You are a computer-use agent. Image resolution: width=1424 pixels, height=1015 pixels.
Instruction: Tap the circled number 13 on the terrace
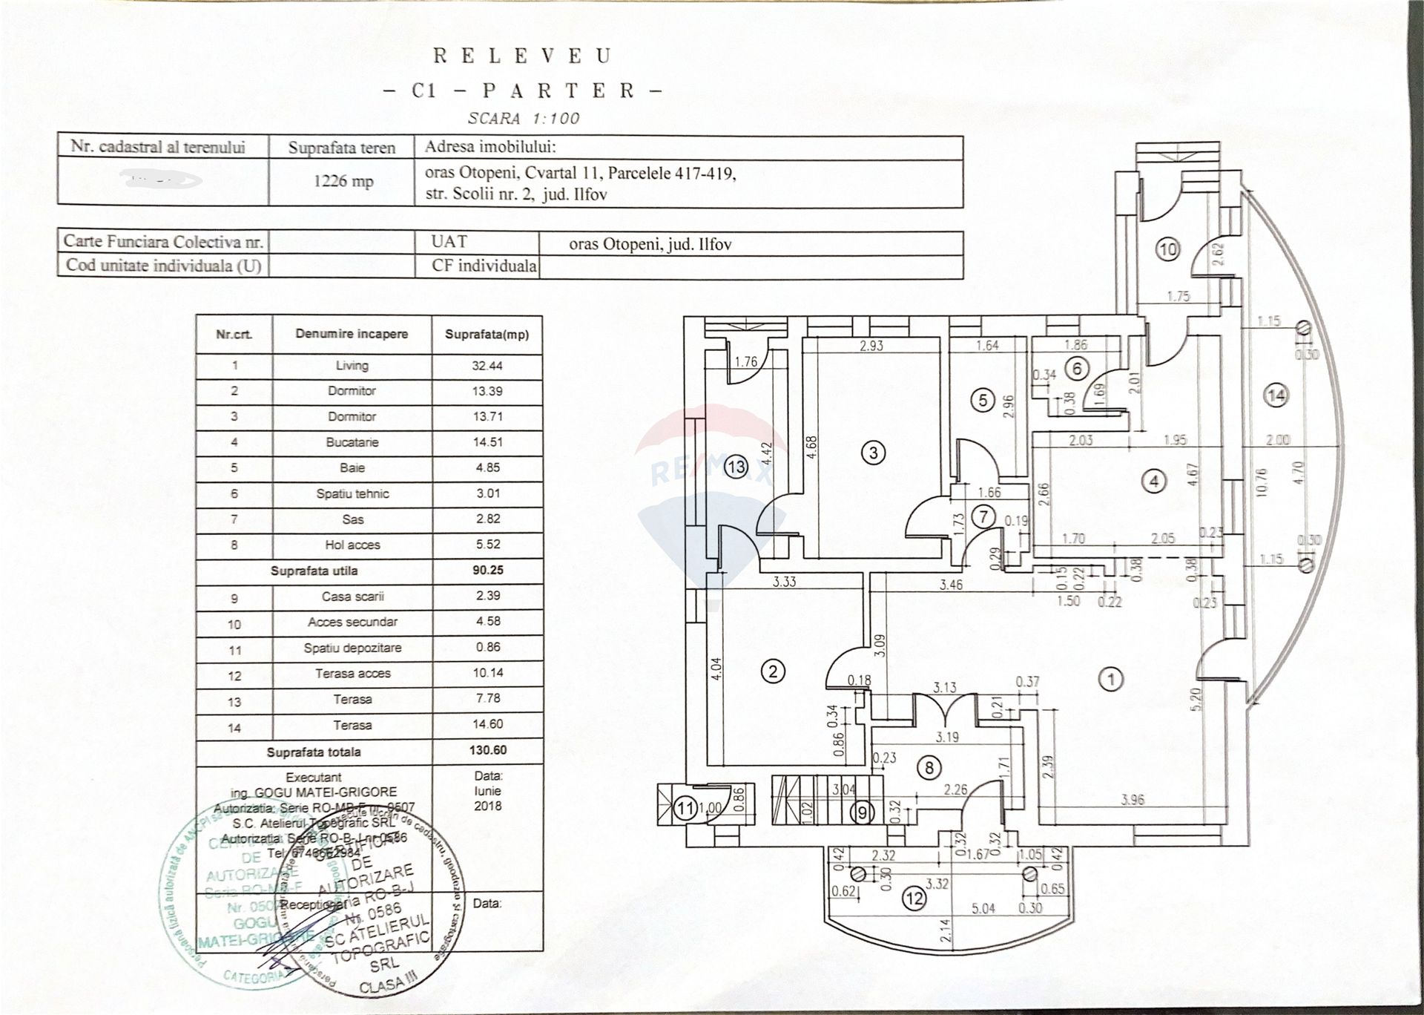point(736,467)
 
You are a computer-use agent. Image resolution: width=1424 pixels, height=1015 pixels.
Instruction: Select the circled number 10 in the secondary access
point(1167,249)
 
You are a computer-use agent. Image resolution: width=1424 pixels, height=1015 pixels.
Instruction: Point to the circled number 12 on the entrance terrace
point(914,899)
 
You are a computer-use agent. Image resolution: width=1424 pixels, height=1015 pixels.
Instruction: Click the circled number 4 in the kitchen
point(1154,482)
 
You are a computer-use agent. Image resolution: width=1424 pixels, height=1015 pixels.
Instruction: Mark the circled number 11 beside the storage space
point(687,807)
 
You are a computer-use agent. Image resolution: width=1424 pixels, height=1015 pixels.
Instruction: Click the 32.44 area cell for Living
point(487,365)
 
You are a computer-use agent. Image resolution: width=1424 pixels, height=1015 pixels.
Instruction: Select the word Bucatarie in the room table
point(352,442)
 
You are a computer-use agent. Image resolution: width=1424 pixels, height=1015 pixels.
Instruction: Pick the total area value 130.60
point(487,750)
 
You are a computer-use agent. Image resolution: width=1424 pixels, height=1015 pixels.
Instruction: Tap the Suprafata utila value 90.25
point(487,571)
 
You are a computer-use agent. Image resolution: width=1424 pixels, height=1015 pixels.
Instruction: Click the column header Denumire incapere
point(352,334)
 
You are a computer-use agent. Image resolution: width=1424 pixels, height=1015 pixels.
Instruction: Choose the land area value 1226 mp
point(343,182)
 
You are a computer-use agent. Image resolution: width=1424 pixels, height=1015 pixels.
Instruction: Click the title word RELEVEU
point(522,56)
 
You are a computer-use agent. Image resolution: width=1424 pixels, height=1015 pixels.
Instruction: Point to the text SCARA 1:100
point(524,118)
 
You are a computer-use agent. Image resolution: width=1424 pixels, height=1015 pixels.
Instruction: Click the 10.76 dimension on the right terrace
point(1262,483)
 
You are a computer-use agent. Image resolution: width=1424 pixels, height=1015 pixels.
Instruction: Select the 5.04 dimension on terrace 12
point(983,908)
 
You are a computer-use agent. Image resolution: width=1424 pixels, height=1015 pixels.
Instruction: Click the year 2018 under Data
point(487,806)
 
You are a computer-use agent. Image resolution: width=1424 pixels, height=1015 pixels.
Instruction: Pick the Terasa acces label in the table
point(352,674)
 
